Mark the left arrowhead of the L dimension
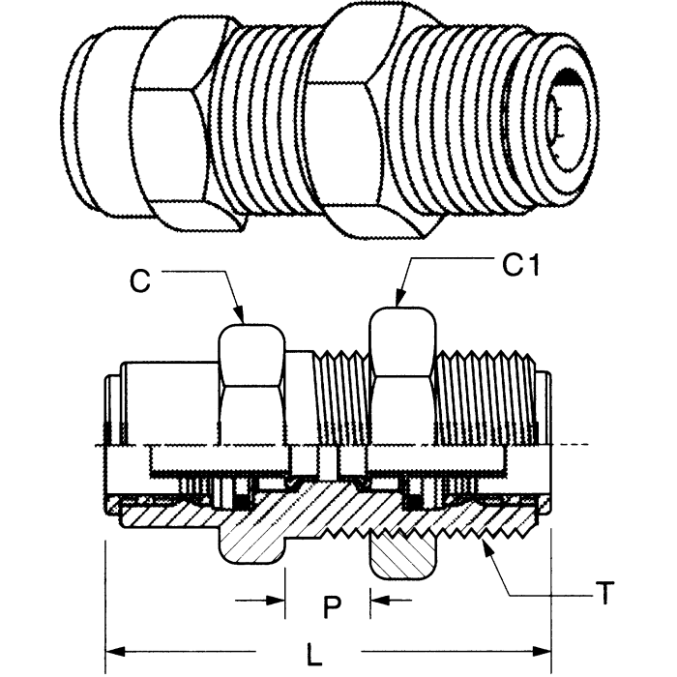pos(112,647)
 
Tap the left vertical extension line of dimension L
pos(103,600)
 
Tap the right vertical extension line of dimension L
pos(550,600)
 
